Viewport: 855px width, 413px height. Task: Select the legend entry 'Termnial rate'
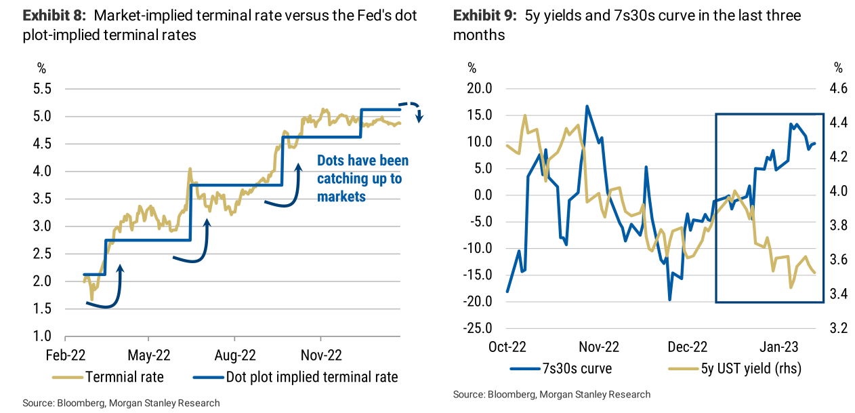(124, 376)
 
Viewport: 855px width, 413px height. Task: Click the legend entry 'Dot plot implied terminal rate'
(312, 376)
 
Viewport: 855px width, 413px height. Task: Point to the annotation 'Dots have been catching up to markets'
(363, 178)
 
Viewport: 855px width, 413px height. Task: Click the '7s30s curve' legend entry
(577, 369)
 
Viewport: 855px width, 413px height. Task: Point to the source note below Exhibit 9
(551, 394)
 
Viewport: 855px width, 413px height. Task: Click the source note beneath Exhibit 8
(121, 403)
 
